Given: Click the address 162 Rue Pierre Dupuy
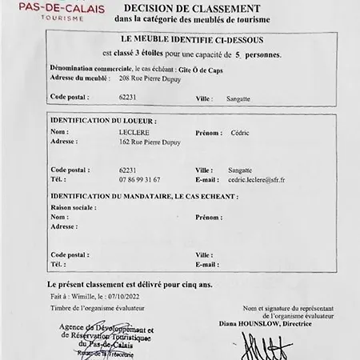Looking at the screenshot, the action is coord(150,142).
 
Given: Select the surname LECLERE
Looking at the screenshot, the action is coord(134,130).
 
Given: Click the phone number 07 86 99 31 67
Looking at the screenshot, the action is coord(140,181).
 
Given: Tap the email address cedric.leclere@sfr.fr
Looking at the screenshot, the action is coord(256,181).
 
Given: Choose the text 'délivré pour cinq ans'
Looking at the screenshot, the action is coord(174,284).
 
